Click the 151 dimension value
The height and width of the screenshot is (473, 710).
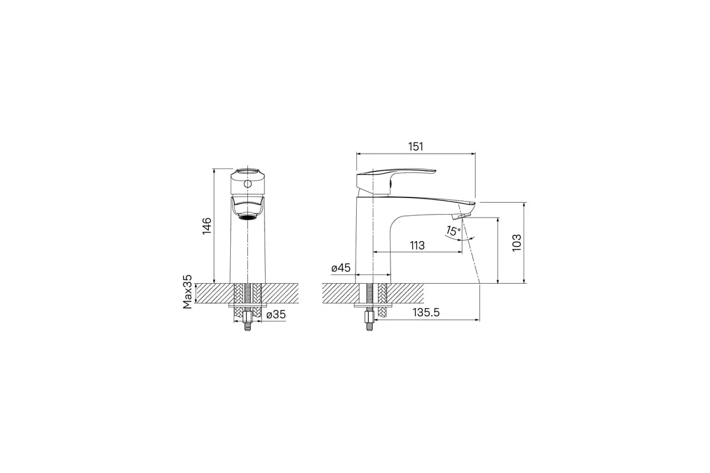[x=415, y=147]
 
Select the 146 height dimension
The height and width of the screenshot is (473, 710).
[x=206, y=226]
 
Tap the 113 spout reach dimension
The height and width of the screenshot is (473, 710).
[x=417, y=245]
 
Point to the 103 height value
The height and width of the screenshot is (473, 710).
[x=517, y=242]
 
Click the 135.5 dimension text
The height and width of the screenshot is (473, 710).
[x=427, y=313]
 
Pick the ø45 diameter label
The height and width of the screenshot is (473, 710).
[x=341, y=268]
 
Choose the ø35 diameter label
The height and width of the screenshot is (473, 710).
[x=276, y=315]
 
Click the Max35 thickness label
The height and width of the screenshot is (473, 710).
[x=188, y=292]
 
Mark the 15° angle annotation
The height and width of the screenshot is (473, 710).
[x=453, y=231]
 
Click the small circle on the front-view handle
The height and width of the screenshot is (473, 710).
[x=247, y=184]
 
